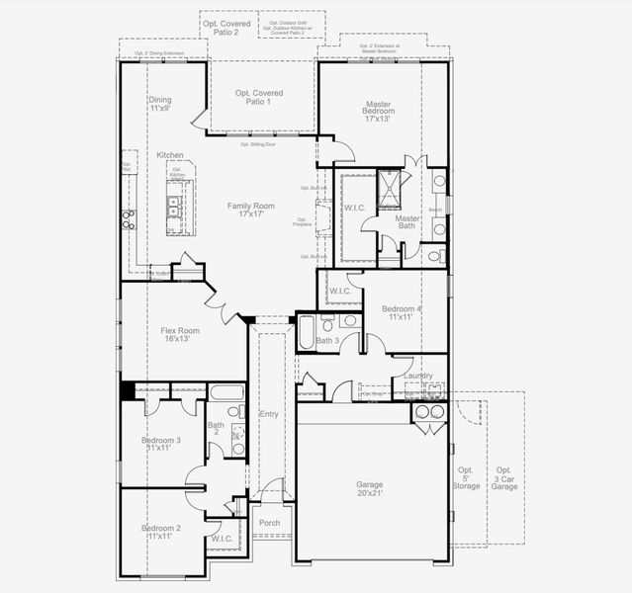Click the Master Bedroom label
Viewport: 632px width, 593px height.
click(378, 111)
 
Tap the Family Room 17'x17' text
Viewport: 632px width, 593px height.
click(250, 210)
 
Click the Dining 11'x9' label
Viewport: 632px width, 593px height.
click(160, 104)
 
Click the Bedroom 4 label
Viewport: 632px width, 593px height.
click(403, 313)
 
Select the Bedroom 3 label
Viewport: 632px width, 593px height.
click(161, 445)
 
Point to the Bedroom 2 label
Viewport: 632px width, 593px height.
click(160, 534)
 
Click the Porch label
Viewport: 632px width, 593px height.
click(269, 523)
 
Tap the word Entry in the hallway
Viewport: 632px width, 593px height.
click(269, 414)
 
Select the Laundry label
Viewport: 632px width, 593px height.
click(417, 375)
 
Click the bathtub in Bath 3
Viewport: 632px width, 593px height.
click(307, 332)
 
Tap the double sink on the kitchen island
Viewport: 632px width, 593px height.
click(173, 206)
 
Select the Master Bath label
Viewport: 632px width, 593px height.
click(406, 222)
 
